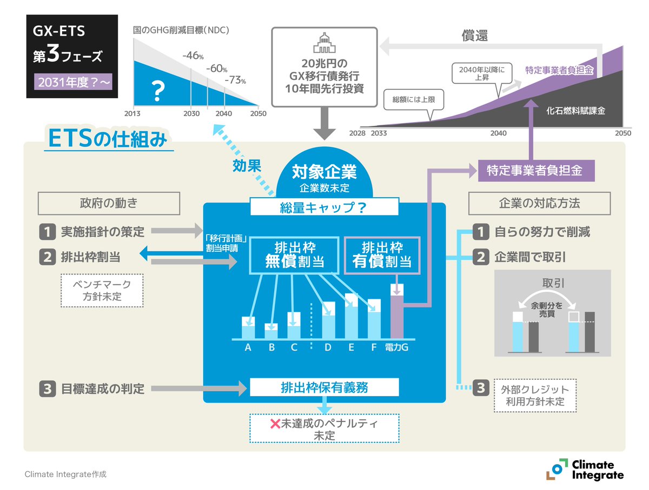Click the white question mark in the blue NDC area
pos(158,91)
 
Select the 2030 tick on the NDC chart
pos(190,114)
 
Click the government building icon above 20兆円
pos(323,43)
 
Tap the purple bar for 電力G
pos(397,316)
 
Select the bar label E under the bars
pos(351,347)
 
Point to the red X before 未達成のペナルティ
pos(275,424)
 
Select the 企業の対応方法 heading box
pos(539,204)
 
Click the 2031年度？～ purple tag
pos(72,83)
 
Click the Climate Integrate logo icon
pos(557,469)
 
